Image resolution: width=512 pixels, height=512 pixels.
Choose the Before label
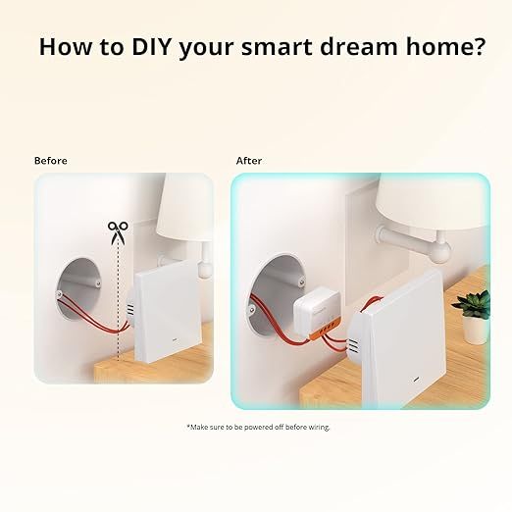click(x=51, y=161)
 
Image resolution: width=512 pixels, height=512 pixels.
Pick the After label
click(x=249, y=161)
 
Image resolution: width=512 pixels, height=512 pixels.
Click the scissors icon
click(x=119, y=231)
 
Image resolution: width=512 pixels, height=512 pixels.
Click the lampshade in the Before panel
click(x=186, y=208)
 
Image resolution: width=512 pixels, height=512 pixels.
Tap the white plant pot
click(x=476, y=329)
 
